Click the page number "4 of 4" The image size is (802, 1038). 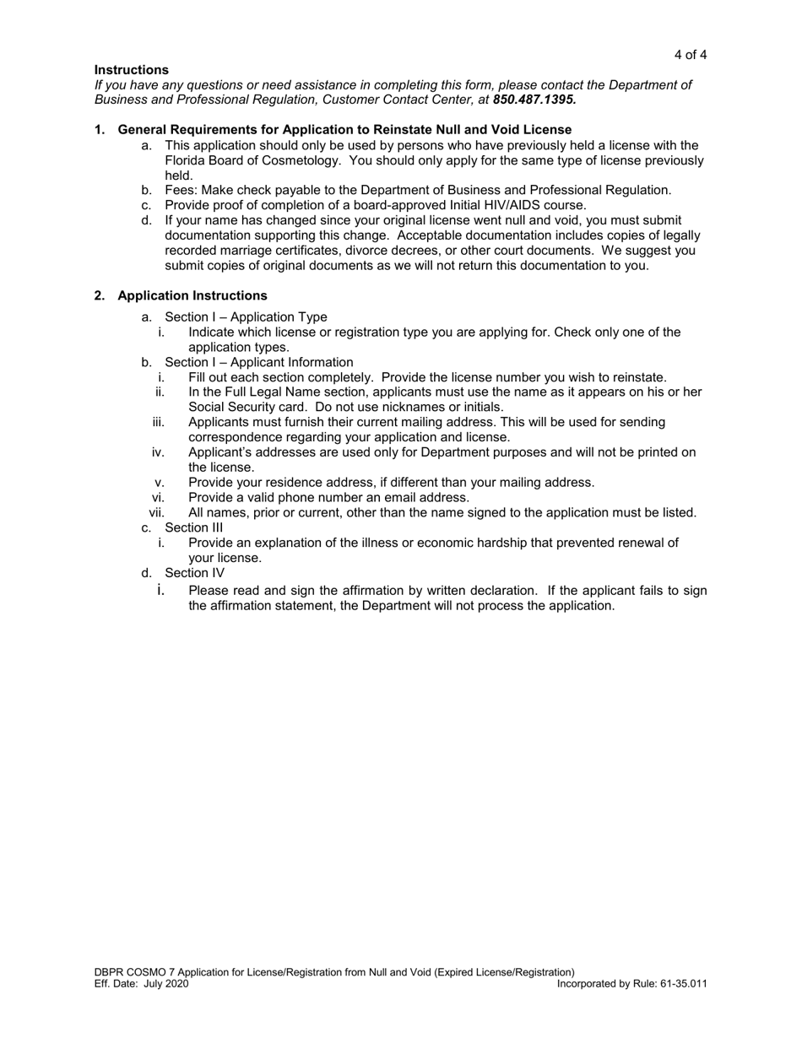click(x=690, y=55)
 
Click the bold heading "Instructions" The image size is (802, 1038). click(x=131, y=70)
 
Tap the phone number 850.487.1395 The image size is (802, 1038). click(x=534, y=100)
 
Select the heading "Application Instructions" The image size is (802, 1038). click(x=192, y=295)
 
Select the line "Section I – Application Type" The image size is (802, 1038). click(x=246, y=317)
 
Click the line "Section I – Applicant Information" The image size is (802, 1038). click(x=258, y=363)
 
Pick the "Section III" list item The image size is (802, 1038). click(x=194, y=527)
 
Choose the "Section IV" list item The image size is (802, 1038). click(x=194, y=573)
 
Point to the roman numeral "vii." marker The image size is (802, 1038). click(x=156, y=512)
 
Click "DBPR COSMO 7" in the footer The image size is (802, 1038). click(x=135, y=972)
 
